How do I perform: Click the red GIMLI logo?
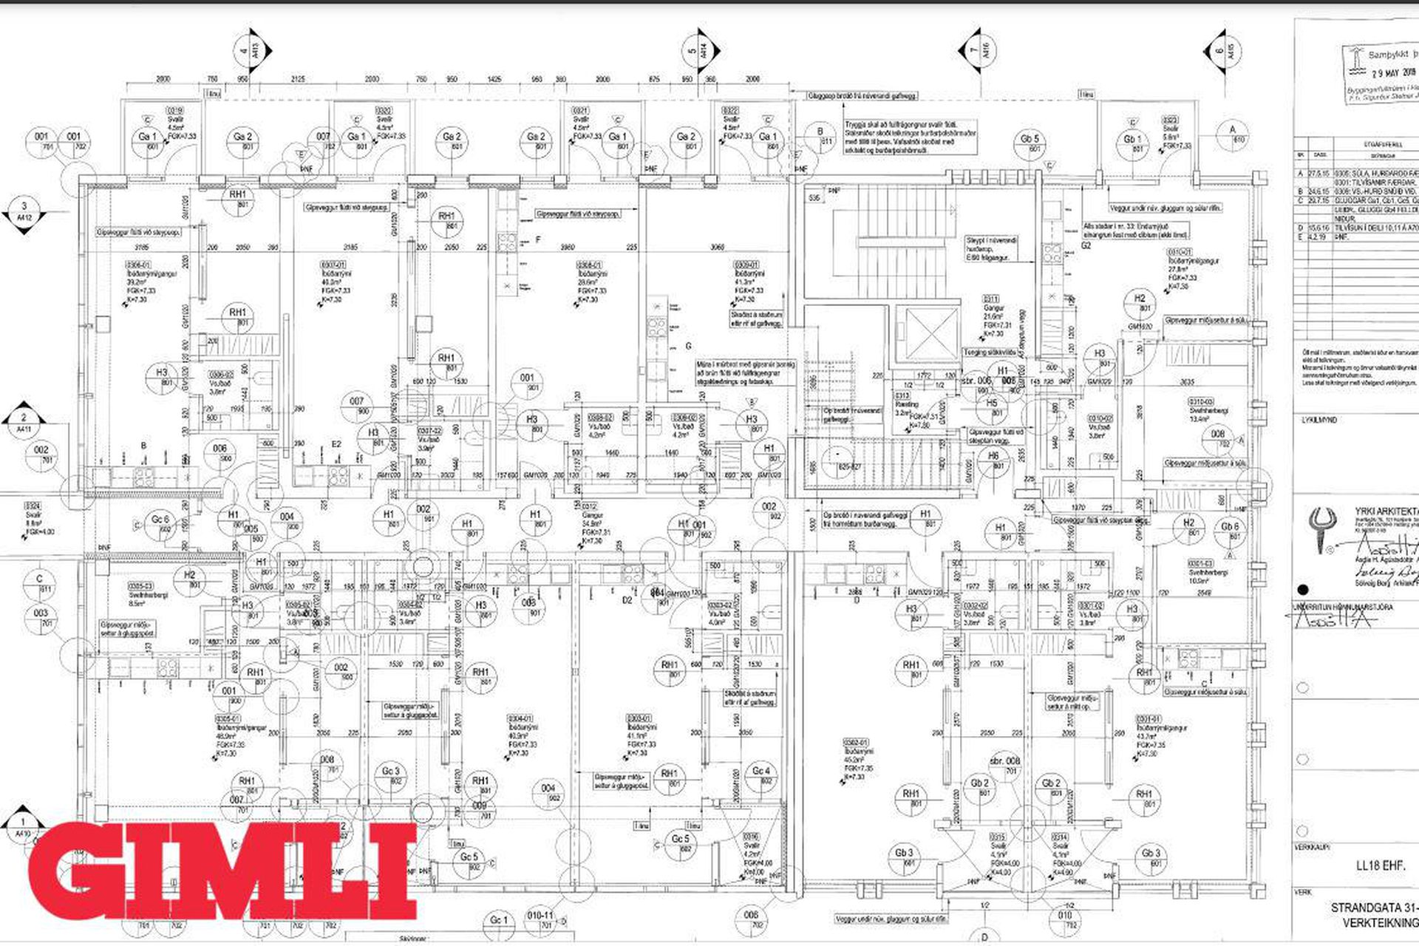tap(222, 870)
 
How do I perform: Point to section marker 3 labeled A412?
tap(24, 212)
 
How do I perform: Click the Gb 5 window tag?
tap(1030, 143)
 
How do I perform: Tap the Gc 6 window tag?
tap(160, 524)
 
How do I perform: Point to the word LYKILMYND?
tap(1320, 421)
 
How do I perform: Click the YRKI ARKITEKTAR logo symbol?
tap(1320, 529)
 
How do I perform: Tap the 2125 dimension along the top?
tap(298, 79)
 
